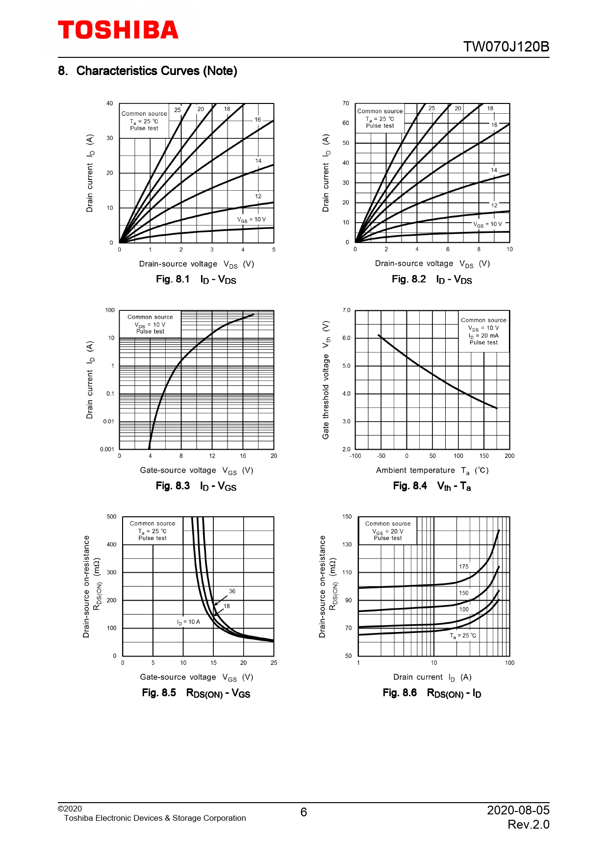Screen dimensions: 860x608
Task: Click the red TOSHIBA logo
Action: (x=118, y=30)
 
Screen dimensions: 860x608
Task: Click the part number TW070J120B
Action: (x=506, y=47)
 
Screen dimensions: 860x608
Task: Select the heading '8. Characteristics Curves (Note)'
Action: (x=148, y=71)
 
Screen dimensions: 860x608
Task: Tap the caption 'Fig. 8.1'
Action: (x=173, y=279)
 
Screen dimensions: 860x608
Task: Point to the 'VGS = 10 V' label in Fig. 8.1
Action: (x=252, y=220)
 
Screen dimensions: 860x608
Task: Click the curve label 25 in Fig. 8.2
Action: (x=431, y=108)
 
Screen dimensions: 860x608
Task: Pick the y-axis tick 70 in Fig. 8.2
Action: (x=346, y=103)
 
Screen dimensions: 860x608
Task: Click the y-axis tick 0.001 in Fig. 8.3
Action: (x=107, y=449)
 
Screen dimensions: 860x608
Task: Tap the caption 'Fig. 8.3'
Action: (x=173, y=486)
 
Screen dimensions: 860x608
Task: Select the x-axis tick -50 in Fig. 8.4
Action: (x=381, y=456)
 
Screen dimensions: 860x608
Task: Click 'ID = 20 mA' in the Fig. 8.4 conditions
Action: (x=483, y=336)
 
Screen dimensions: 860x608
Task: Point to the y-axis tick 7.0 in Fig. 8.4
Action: (x=346, y=310)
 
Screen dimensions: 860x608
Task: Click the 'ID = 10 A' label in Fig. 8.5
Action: (x=188, y=622)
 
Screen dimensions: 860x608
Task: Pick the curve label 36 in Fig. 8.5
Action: (x=232, y=591)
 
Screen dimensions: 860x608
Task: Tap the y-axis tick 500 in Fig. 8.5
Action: (x=111, y=517)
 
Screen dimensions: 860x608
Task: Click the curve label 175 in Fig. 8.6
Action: (x=463, y=567)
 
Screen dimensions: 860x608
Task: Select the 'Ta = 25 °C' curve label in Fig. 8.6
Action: (x=463, y=636)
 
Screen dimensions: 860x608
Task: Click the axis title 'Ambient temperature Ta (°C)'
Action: (x=432, y=471)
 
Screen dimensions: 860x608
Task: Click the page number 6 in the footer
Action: (x=304, y=812)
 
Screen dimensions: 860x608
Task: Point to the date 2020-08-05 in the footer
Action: (x=518, y=810)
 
